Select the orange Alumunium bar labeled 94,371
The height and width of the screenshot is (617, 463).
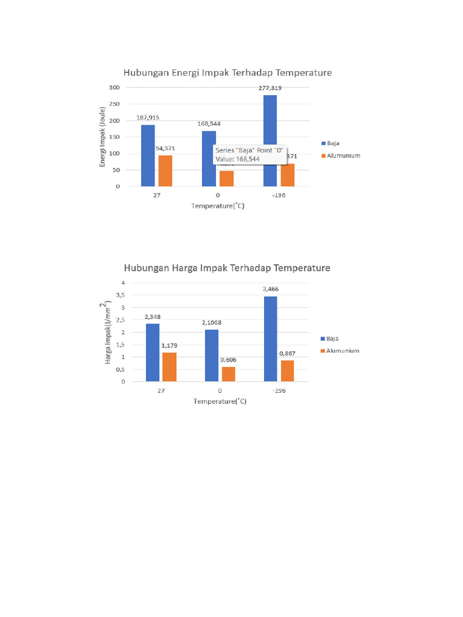point(165,171)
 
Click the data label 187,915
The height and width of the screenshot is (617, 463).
point(148,117)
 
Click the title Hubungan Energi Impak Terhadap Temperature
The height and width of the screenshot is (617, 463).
point(227,73)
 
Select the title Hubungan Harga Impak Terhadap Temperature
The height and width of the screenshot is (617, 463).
point(227,268)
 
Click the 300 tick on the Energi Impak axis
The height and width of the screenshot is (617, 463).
point(114,87)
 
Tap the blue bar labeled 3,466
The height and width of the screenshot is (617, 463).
point(269,339)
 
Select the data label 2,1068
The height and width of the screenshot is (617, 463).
point(212,323)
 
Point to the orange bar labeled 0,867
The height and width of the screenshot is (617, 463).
point(286,371)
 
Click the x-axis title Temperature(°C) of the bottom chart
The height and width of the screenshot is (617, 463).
point(219,401)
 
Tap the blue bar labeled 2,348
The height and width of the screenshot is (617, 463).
point(153,352)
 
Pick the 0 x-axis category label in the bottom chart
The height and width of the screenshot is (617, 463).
point(219,390)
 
